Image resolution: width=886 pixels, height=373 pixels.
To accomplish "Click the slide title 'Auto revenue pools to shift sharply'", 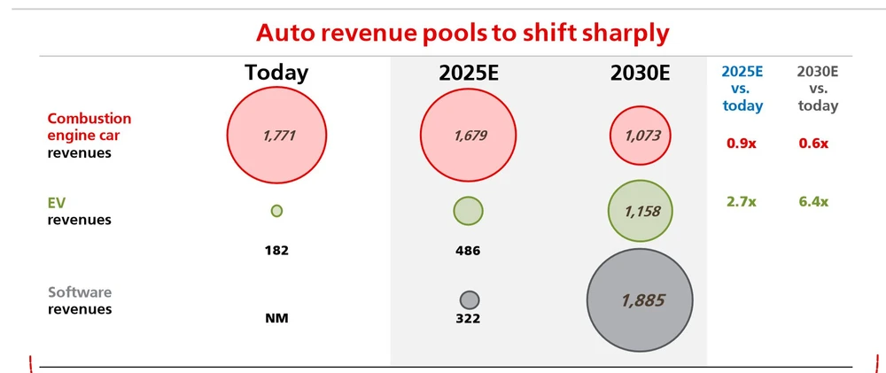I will coord(462,33).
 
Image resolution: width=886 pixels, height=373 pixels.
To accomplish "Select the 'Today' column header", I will coord(276,74).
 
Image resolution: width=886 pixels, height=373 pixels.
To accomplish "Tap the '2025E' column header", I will coord(468,74).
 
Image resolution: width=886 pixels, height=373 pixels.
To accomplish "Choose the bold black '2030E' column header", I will coord(640,74).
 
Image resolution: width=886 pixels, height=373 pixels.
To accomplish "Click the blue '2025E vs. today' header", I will coord(742,89).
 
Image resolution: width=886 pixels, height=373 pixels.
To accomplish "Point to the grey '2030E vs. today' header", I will coord(817,89).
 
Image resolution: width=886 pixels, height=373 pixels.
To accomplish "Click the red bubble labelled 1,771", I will coord(277,136).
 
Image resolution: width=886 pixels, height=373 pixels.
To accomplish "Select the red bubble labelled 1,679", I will coord(468,136).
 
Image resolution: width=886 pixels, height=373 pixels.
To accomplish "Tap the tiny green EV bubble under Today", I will coord(276,211).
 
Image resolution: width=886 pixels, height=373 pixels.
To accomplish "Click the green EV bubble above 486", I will coord(468,211).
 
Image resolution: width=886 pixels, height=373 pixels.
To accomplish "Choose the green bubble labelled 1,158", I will coord(641,212).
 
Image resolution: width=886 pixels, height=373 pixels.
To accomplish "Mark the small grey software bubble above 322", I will coord(470,299).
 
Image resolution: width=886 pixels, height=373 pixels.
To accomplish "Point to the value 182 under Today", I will coord(276,250).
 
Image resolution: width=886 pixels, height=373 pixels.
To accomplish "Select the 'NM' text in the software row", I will coord(276,318).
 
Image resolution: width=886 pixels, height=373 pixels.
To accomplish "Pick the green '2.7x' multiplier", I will coord(742,202).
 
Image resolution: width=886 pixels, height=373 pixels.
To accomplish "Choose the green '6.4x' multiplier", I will coord(813,202).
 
